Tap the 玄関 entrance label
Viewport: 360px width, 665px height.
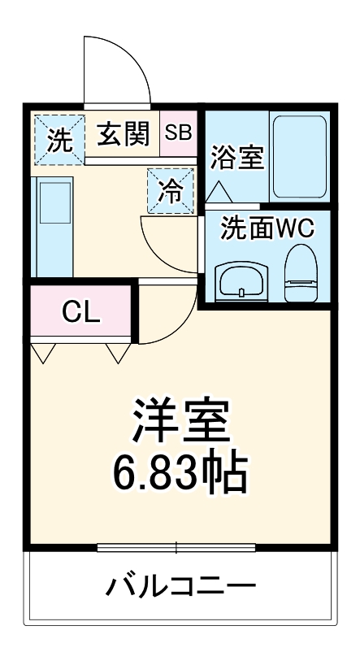123,134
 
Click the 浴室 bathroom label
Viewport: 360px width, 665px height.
237,158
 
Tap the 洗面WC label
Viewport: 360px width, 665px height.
267,228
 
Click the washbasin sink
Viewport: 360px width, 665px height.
242,281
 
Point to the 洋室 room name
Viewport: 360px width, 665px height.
181,422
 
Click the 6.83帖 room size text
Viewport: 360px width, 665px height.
181,471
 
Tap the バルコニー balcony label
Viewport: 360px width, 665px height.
181,586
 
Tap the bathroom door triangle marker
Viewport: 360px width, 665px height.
219,192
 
